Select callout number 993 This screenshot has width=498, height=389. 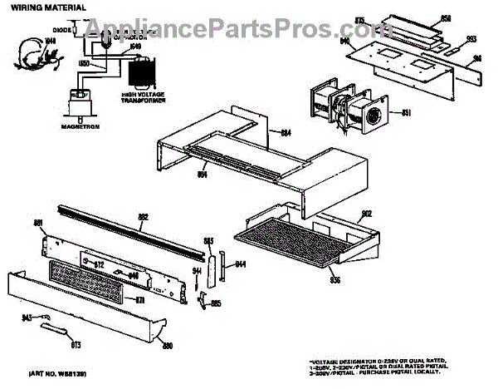(471, 39)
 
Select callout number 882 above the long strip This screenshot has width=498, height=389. (142, 217)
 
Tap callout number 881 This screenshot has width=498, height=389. (37, 223)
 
